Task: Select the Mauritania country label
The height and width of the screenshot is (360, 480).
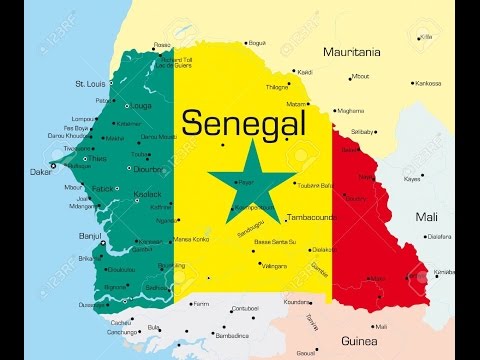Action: tap(352, 51)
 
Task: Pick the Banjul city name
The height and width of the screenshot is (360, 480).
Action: tap(91, 237)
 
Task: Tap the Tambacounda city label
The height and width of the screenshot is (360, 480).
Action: tap(312, 217)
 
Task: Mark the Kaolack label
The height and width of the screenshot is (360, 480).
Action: tap(148, 192)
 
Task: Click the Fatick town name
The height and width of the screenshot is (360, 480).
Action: tap(103, 188)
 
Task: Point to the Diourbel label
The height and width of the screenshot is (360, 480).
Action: tap(150, 168)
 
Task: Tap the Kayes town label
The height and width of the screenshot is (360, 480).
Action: tap(412, 179)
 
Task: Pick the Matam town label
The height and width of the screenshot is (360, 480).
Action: tap(296, 103)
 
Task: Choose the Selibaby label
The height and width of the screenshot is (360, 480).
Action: tap(362, 131)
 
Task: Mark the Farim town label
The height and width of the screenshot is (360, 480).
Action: tap(201, 303)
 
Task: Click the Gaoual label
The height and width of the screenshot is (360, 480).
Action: tap(305, 353)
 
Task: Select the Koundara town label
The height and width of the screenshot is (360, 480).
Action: tap(296, 301)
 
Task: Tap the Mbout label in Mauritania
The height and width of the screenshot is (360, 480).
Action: tap(360, 75)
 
